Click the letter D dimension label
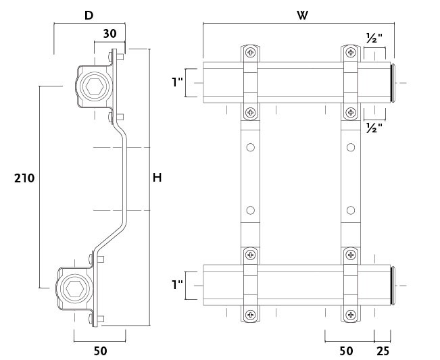(x=89, y=14)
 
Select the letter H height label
(x=157, y=178)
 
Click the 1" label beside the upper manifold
(x=177, y=82)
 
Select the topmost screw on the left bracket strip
(x=251, y=53)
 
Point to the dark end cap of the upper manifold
(x=393, y=82)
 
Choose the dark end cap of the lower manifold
(x=393, y=285)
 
